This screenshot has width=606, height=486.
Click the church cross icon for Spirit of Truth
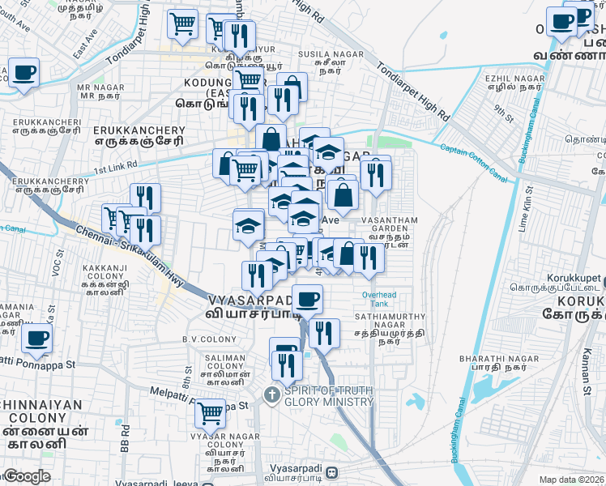[x=272, y=396]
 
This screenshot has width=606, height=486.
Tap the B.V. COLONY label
[x=202, y=339]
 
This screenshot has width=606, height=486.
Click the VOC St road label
[x=56, y=265]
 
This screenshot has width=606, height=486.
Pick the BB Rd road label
[x=125, y=438]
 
